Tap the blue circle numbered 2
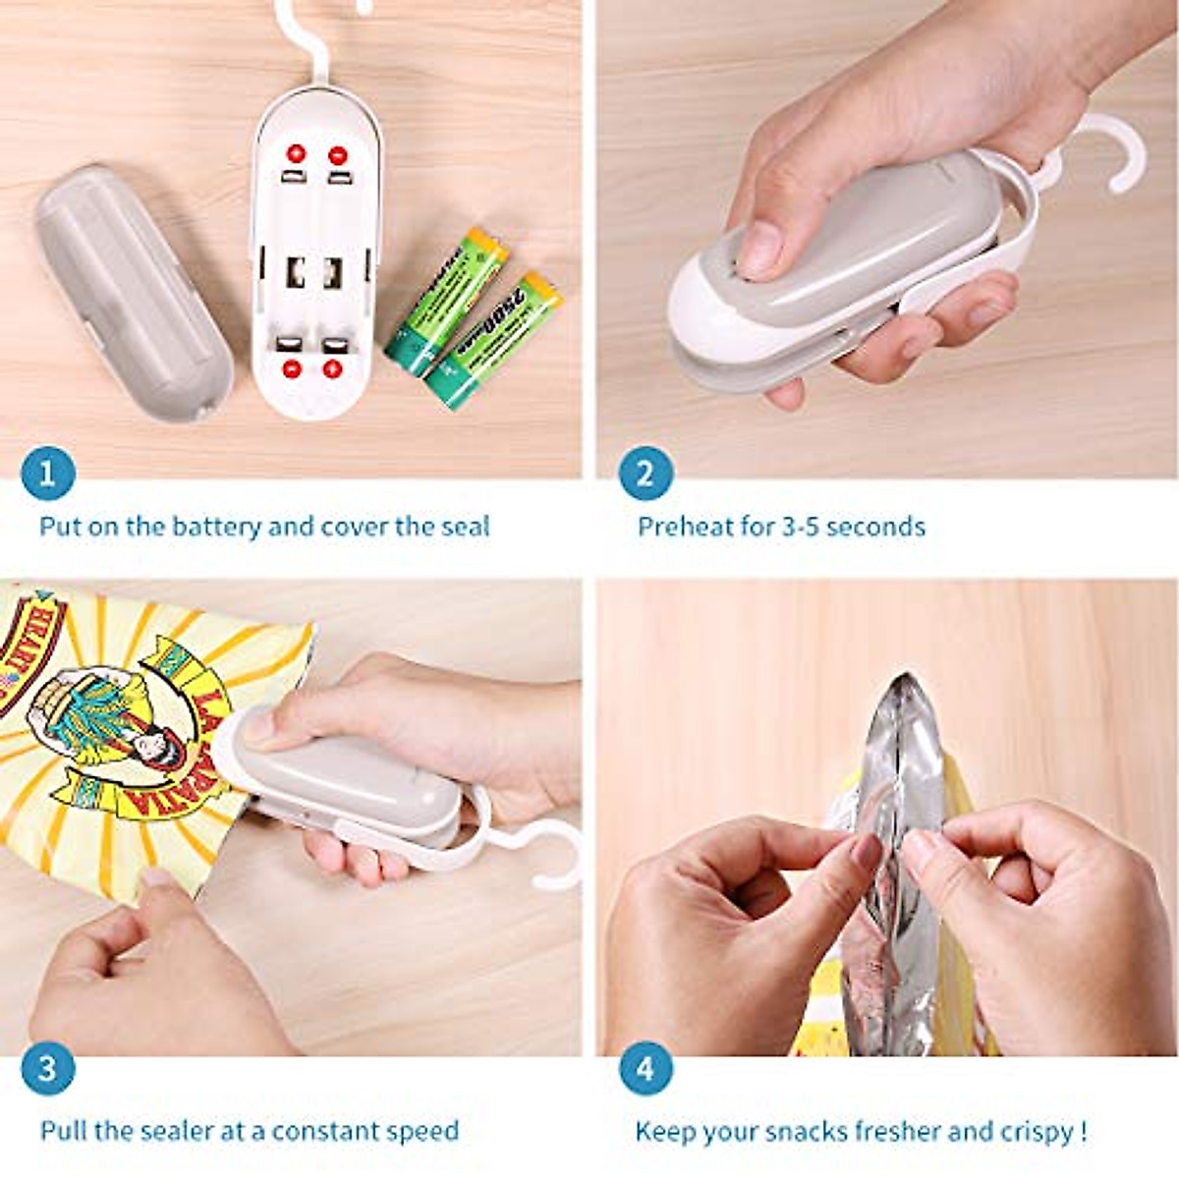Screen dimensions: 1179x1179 [646, 475]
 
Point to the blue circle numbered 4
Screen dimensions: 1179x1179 [646, 1068]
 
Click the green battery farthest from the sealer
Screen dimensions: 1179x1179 [493, 339]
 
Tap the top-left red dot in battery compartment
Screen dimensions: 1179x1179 [296, 154]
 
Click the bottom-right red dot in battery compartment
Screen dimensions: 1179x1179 [333, 369]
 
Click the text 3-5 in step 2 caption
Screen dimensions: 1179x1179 [801, 527]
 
